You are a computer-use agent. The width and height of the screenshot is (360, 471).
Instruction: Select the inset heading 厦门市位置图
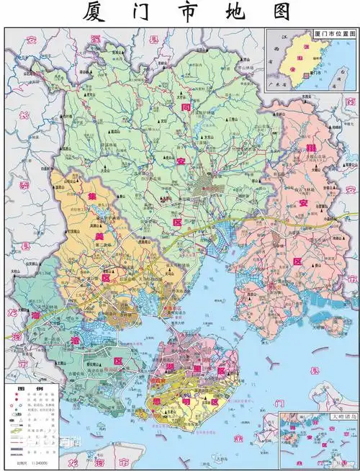pyautogui.click(x=334, y=33)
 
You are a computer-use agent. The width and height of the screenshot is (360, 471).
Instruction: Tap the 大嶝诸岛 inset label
pyautogui.click(x=343, y=417)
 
